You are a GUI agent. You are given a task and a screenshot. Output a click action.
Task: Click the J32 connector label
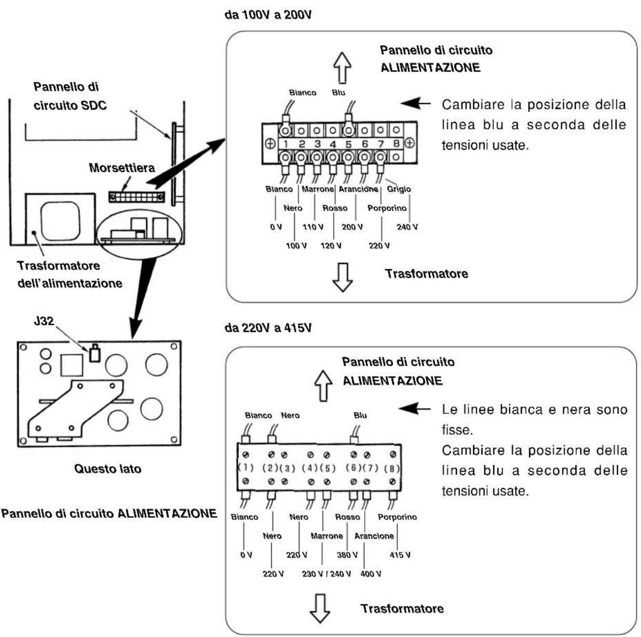point(44,321)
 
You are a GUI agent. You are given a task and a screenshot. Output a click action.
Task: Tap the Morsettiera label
point(122,168)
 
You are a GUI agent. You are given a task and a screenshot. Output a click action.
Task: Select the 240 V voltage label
point(407,227)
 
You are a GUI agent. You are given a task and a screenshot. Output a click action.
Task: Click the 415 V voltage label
point(400,555)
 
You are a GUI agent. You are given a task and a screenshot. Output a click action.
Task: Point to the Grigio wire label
point(399,189)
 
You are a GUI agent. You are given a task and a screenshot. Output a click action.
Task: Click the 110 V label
point(312,227)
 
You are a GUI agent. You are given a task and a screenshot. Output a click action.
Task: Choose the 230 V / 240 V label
point(326,574)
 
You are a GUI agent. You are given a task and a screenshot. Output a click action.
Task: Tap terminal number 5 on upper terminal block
point(348,144)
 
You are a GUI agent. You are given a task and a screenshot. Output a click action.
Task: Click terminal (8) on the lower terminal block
point(392,468)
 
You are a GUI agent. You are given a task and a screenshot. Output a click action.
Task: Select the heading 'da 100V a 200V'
point(268,15)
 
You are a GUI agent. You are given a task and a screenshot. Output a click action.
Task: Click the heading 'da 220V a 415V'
point(268,328)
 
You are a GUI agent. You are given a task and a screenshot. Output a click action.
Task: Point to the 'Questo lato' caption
point(108,469)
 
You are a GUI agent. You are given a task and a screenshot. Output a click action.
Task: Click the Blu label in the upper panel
point(338,92)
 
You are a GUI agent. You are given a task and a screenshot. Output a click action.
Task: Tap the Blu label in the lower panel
point(360,415)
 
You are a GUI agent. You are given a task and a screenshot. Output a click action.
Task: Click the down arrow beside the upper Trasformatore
point(343,278)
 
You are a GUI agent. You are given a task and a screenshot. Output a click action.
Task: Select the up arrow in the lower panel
point(323,385)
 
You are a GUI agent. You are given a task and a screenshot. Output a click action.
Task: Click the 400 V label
point(371,574)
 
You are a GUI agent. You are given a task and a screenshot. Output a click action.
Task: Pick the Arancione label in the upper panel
point(359,189)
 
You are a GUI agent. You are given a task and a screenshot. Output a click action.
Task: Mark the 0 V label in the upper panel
point(276,227)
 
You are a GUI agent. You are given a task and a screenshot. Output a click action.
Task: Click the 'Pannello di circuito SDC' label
point(70,96)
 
